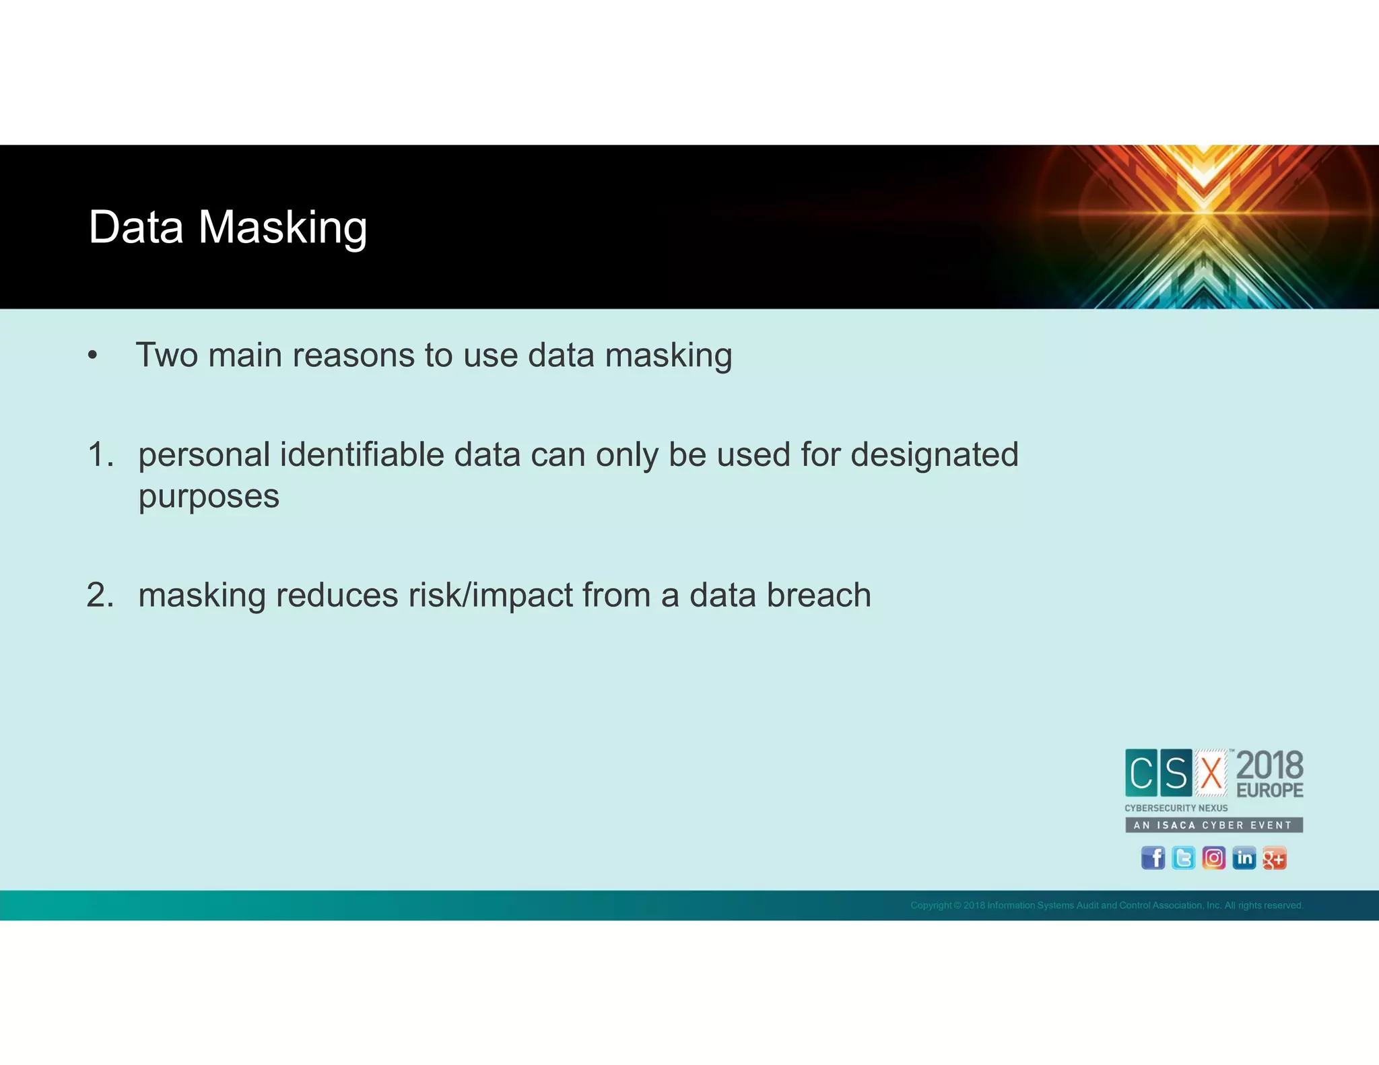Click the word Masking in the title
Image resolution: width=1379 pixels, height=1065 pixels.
click(x=283, y=228)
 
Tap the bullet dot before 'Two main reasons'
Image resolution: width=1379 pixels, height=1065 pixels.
click(x=93, y=356)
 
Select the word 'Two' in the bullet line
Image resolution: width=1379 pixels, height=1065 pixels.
click(x=167, y=355)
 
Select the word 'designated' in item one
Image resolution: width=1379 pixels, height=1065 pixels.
click(x=934, y=456)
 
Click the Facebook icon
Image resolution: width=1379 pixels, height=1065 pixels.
click(x=1153, y=858)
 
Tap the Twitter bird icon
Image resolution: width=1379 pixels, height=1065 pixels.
click(x=1183, y=858)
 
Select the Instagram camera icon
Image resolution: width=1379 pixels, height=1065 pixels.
click(x=1213, y=858)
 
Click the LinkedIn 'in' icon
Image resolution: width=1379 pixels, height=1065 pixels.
click(x=1244, y=858)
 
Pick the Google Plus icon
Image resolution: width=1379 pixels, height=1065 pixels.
click(x=1274, y=858)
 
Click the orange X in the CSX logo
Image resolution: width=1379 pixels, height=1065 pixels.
click(x=1211, y=773)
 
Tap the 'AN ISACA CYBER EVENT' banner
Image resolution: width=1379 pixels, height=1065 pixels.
click(x=1213, y=825)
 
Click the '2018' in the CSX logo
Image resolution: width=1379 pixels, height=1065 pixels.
click(x=1269, y=766)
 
